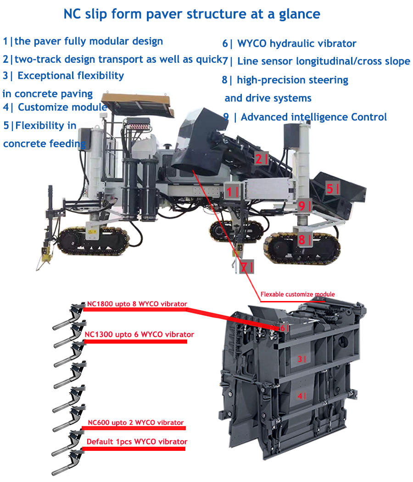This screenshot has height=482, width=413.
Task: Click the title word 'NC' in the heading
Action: (x=74, y=14)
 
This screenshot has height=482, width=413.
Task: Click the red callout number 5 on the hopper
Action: (x=333, y=188)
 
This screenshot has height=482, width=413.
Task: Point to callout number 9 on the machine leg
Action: (x=304, y=206)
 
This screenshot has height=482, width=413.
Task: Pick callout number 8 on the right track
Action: (x=304, y=239)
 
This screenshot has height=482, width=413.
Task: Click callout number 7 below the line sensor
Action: (x=246, y=267)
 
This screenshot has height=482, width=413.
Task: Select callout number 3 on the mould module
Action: (x=301, y=359)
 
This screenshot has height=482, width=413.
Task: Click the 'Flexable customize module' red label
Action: (x=297, y=294)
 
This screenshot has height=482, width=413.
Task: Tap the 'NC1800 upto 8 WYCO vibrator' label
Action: (x=137, y=304)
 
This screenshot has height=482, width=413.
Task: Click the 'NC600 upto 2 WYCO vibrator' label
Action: (x=135, y=422)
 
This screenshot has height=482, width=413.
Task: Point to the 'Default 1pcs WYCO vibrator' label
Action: (x=137, y=442)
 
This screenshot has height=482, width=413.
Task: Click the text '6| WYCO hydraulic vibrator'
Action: (x=289, y=44)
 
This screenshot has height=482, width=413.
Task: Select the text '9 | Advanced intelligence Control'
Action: (x=305, y=117)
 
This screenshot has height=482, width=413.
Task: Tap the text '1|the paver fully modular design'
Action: (x=83, y=41)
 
